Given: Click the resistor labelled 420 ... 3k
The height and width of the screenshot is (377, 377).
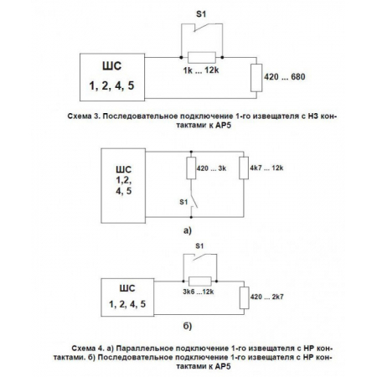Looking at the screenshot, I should [188, 168].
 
